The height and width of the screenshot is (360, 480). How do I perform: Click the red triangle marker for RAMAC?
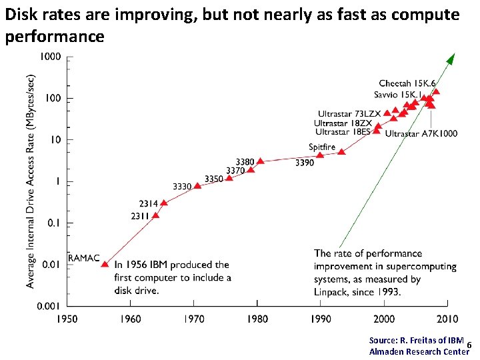pos(105,264)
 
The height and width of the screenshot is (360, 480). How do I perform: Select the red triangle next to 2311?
pos(156,215)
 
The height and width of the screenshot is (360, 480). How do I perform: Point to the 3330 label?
pos(182,186)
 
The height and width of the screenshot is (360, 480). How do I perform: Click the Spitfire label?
pos(321,147)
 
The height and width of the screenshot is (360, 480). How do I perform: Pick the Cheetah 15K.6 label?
pos(407,83)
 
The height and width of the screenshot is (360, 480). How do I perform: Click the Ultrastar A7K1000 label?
pos(421,133)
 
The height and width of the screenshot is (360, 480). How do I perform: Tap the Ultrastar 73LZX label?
pos(349,114)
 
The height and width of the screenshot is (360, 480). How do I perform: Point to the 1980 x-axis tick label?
pos(257,319)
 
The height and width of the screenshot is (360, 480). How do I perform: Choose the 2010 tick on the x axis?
pos(447,319)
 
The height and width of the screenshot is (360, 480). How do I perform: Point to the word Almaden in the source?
pos(386,351)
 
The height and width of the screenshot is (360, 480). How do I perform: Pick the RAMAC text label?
pos(84,257)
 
